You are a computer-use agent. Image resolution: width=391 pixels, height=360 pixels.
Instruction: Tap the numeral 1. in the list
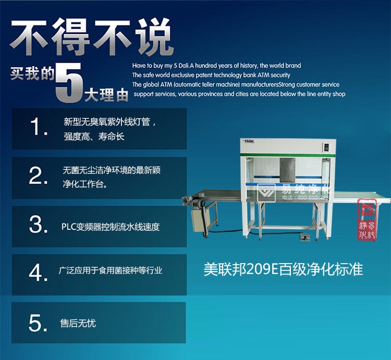click(x=37, y=127)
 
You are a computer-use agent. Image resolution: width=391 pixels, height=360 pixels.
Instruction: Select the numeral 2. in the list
click(x=38, y=176)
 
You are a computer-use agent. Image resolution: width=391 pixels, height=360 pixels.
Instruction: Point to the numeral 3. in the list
click(x=38, y=225)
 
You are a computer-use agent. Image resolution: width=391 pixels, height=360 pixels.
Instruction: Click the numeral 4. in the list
click(x=38, y=272)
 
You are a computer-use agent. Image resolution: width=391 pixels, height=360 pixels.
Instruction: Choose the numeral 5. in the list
click(x=38, y=323)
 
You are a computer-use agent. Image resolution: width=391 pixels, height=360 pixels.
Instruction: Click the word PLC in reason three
click(x=69, y=227)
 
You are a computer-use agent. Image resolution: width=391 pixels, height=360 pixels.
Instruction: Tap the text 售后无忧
click(x=78, y=324)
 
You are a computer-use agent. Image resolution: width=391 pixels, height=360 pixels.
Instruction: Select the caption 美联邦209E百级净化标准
click(x=283, y=269)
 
